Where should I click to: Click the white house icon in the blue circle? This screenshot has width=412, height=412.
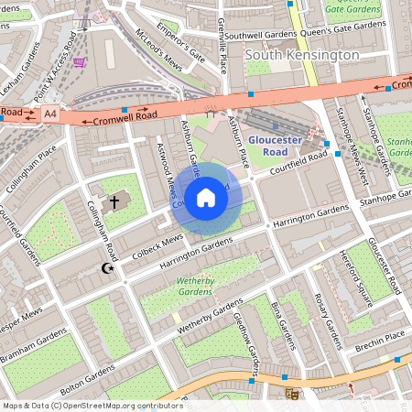point(206,197)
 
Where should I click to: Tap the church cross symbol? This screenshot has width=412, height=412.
point(115,201)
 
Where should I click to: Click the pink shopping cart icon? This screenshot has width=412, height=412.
point(81,62)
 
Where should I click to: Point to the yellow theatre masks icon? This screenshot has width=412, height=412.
point(292,394)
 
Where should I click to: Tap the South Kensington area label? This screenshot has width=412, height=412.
point(302,56)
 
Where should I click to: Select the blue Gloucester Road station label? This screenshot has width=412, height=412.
point(275,146)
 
